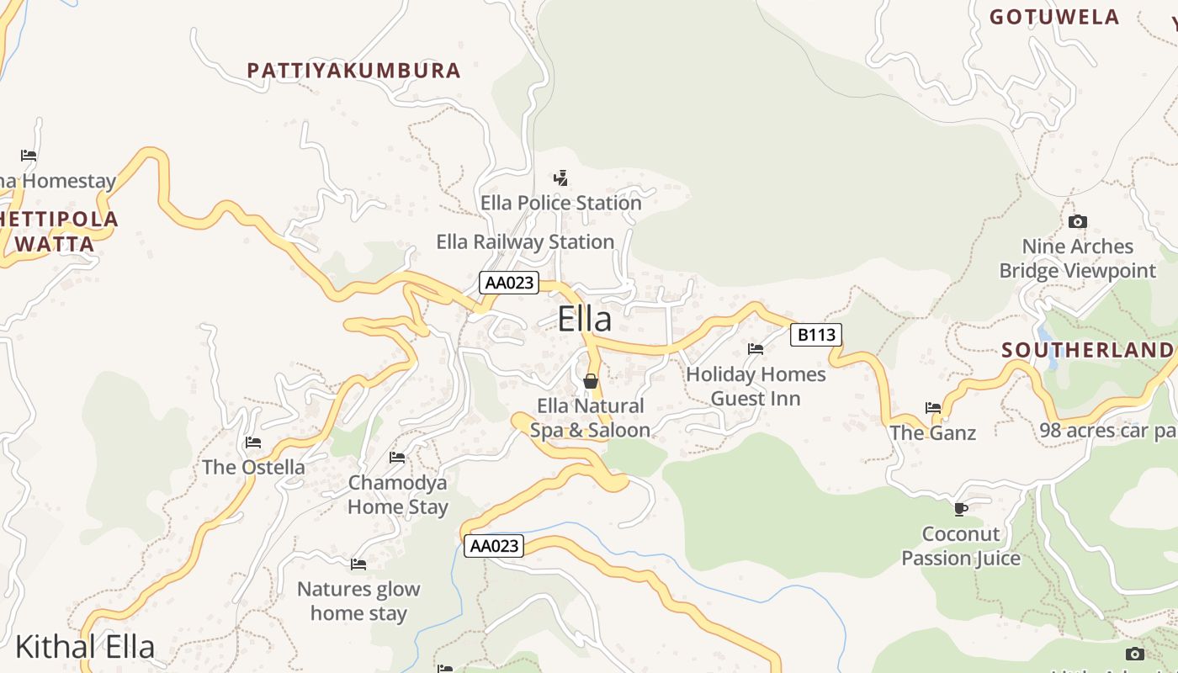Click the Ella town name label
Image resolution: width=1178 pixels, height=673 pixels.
coord(585,320)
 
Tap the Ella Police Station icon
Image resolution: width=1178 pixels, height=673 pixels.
coord(561,178)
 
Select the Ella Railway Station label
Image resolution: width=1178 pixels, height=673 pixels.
coord(525,242)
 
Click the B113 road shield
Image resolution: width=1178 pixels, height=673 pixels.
coord(816,335)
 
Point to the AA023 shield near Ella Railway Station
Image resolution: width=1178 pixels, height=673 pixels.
coord(509,283)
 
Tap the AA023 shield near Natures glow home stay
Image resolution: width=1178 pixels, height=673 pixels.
coord(494,546)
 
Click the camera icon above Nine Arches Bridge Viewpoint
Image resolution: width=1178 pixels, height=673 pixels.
coord(1077,222)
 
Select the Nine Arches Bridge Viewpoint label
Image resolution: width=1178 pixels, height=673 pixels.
coord(1078,258)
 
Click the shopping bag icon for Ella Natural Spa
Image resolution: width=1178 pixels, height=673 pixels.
coord(591,381)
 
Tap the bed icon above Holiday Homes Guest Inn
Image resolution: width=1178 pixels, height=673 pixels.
coord(756,349)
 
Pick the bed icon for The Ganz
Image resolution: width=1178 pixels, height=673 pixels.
coord(933,408)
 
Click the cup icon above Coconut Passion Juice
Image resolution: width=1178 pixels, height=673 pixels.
coord(961,509)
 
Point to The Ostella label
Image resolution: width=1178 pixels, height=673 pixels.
coord(253,467)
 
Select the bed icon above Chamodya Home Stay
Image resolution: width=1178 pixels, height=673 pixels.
coord(397,458)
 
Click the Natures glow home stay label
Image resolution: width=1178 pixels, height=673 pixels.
coord(358,601)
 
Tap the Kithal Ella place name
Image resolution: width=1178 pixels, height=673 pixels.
coord(85,647)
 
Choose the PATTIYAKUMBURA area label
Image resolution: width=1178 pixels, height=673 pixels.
coord(354,71)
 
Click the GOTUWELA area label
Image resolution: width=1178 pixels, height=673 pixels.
coord(1054,17)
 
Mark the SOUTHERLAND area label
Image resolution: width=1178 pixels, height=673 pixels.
coord(1087,350)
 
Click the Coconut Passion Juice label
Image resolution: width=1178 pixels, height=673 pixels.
coord(961,546)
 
